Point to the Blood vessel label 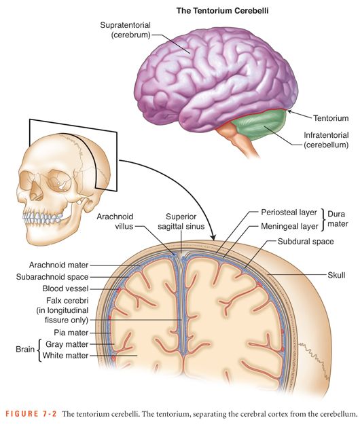pyautogui.click(x=66, y=288)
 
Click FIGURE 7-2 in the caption pyautogui.click(x=31, y=413)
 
